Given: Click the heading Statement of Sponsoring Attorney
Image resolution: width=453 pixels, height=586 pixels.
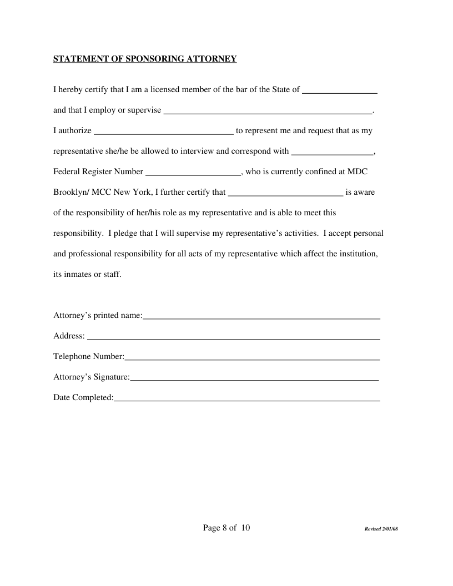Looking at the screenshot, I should (145, 59).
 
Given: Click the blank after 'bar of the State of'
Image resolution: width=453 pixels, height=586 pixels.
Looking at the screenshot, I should (340, 90).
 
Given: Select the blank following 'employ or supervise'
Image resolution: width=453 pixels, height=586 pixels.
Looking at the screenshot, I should (268, 110).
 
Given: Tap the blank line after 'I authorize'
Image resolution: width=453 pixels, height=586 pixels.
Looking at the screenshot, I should (164, 132).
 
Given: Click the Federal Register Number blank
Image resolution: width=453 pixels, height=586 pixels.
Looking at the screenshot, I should (193, 172).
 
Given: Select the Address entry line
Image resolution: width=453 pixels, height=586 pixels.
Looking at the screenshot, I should (234, 336).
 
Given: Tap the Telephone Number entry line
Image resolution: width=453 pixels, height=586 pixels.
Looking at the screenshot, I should (252, 357).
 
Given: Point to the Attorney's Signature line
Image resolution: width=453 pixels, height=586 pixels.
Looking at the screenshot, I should (254, 377).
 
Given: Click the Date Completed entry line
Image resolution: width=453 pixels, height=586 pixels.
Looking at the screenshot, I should (246, 398).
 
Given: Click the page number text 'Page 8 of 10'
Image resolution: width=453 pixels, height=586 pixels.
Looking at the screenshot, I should (226, 528).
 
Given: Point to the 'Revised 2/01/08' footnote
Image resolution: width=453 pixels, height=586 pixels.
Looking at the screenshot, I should (381, 529).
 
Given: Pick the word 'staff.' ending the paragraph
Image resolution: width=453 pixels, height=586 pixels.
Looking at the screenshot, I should (111, 274).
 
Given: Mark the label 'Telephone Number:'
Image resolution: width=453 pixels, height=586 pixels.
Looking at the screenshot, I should (89, 357).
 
